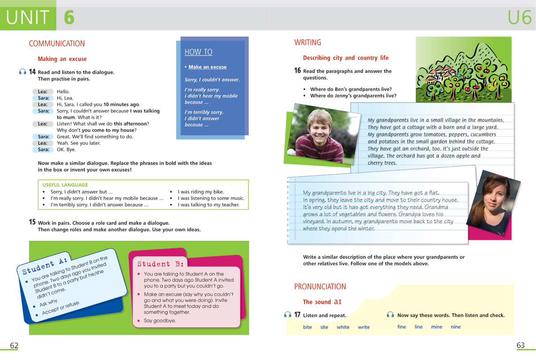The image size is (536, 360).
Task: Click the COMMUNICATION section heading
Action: point(57,44)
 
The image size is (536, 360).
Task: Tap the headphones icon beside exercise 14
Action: point(23,72)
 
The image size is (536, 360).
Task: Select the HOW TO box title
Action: point(198,52)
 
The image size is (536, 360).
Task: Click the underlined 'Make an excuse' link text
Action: point(207,67)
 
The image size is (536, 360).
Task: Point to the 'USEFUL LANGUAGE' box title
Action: point(65,185)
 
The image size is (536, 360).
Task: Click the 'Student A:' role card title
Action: point(45,266)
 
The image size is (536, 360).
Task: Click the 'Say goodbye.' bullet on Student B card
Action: point(159,321)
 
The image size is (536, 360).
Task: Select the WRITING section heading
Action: point(307,43)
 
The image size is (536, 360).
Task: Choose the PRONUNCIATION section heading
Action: point(320,287)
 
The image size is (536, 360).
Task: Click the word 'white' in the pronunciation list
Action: point(343,327)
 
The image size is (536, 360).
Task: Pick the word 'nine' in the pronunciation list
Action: point(456,327)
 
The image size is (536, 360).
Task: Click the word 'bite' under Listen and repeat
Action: point(307,327)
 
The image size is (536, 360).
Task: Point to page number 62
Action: point(14,345)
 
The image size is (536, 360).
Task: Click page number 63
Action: point(520,345)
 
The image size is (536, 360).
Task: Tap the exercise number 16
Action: point(297,71)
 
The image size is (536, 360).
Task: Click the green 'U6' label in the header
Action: point(519,18)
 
